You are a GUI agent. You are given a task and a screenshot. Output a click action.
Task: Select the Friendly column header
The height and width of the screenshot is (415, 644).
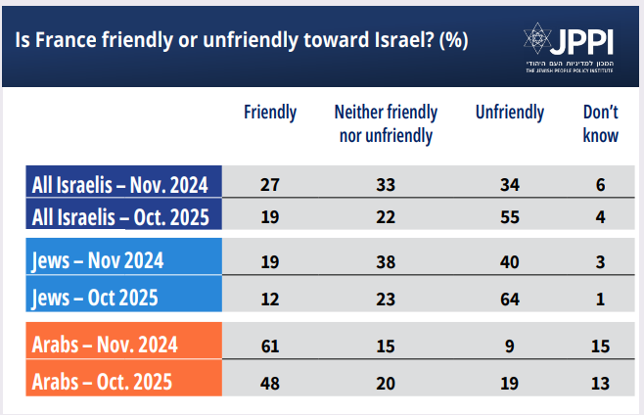point(270,113)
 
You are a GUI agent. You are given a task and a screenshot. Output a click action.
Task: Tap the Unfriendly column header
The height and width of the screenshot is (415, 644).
point(510,113)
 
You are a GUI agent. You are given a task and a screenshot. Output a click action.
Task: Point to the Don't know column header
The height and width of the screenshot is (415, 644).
point(600,123)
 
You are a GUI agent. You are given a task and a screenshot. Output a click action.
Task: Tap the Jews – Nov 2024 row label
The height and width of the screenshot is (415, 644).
point(98,260)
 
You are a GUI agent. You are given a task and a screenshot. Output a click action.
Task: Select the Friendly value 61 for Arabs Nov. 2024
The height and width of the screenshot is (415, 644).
point(270,346)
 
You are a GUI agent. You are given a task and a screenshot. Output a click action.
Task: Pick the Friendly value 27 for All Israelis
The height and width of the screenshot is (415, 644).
point(270,183)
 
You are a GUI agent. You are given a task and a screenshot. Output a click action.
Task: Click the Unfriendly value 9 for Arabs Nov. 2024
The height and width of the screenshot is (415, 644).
point(509,346)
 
